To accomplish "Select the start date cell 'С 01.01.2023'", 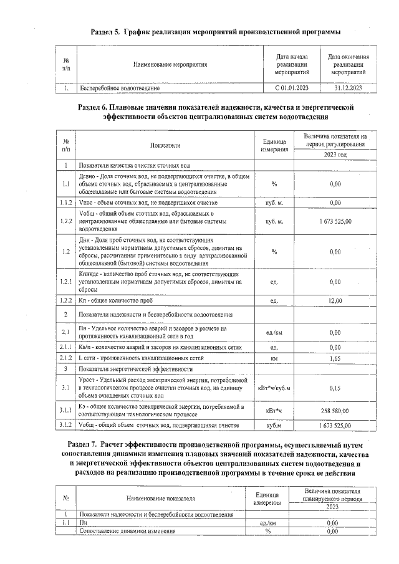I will (293, 88).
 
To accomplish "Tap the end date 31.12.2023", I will (347, 88).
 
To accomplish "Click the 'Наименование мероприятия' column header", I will (170, 65).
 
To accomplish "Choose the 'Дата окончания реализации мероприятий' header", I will (347, 65).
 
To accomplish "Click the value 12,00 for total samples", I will (335, 301).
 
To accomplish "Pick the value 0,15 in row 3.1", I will (335, 387).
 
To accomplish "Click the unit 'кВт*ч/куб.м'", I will (274, 387).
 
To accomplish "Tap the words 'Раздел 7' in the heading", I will (84, 444).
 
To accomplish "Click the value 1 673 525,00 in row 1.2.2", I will (335, 221).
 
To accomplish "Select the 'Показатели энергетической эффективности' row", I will (132, 368).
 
